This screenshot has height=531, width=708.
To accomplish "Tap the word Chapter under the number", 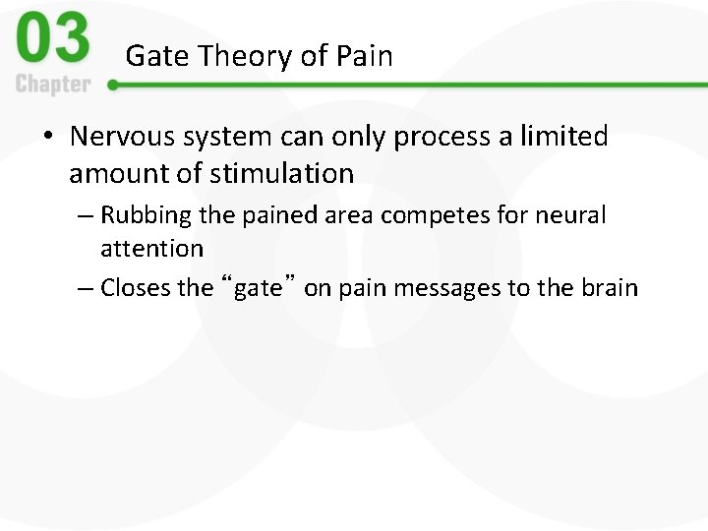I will point(54,84).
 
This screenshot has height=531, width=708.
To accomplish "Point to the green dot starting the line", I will point(113,86).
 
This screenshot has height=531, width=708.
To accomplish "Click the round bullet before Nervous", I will point(49,138).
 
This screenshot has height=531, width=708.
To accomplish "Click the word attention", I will point(151,249).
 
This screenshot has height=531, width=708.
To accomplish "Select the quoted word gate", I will point(258,288).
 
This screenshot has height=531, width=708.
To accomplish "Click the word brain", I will point(610,288).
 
